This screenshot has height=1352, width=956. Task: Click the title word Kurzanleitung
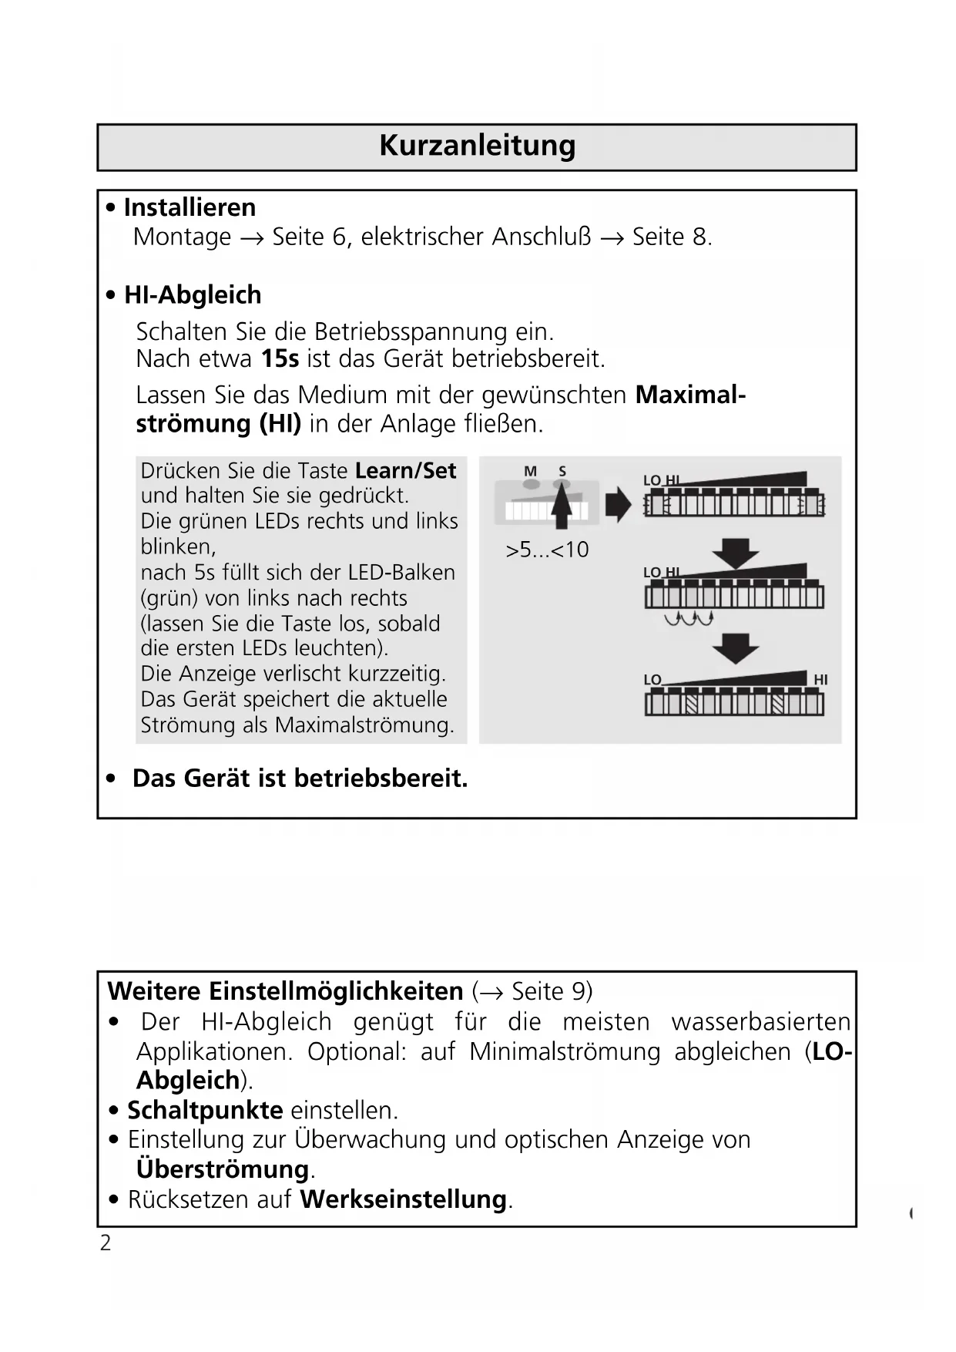(x=477, y=146)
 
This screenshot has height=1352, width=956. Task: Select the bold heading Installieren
(x=190, y=207)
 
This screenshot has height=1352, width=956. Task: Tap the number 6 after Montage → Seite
(x=339, y=237)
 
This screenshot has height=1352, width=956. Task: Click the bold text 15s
(x=280, y=359)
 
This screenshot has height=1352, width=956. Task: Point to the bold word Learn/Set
(x=406, y=471)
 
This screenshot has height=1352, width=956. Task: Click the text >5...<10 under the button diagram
(x=547, y=550)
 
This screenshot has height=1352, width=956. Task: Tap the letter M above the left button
(x=530, y=471)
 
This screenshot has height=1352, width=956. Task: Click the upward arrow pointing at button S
(x=562, y=505)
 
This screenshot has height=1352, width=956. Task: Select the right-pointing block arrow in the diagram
(x=618, y=505)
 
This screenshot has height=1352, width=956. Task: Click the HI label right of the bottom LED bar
(x=820, y=679)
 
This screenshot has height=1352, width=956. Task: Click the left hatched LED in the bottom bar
(x=691, y=704)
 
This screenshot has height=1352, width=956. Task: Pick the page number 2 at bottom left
(x=106, y=1243)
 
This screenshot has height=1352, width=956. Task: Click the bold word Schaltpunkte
(x=205, y=1110)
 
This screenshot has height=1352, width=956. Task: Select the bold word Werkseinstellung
(x=403, y=1199)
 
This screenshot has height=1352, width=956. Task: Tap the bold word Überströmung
(x=223, y=1169)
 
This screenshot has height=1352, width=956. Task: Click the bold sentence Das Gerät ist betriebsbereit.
(x=300, y=779)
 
